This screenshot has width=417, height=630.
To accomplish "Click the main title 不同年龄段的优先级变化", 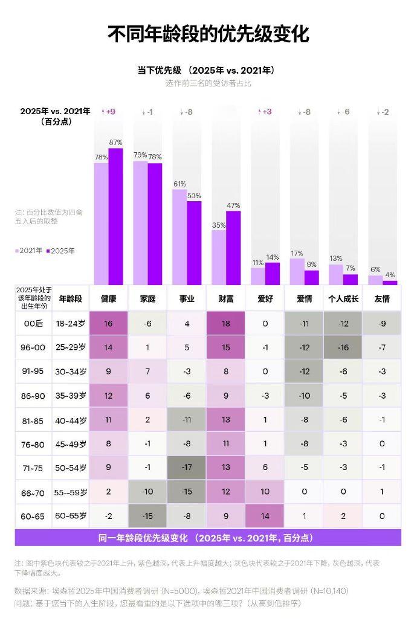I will [x=208, y=34].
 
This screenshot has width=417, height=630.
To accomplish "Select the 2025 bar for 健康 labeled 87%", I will [x=115, y=216].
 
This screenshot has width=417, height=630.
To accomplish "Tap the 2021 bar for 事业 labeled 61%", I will [x=179, y=236].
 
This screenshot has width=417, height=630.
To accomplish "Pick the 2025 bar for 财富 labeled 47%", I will [x=233, y=247].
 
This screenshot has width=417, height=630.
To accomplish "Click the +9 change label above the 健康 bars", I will [x=109, y=112].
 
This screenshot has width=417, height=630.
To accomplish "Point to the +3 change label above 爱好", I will [x=265, y=112].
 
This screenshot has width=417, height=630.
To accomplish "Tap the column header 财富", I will [x=225, y=298].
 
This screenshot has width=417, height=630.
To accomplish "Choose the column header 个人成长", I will [x=343, y=298].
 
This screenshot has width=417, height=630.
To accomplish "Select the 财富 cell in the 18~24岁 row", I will [x=225, y=323].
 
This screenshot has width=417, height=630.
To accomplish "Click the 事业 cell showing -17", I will [x=187, y=467].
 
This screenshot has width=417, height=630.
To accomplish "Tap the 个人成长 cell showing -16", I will [x=343, y=347].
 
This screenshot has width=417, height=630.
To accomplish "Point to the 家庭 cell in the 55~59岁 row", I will [x=147, y=492].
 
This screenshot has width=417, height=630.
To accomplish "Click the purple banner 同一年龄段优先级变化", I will [x=208, y=538].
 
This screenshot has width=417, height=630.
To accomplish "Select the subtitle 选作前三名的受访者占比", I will [x=208, y=83].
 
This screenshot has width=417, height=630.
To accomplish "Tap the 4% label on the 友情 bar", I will [x=390, y=275].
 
